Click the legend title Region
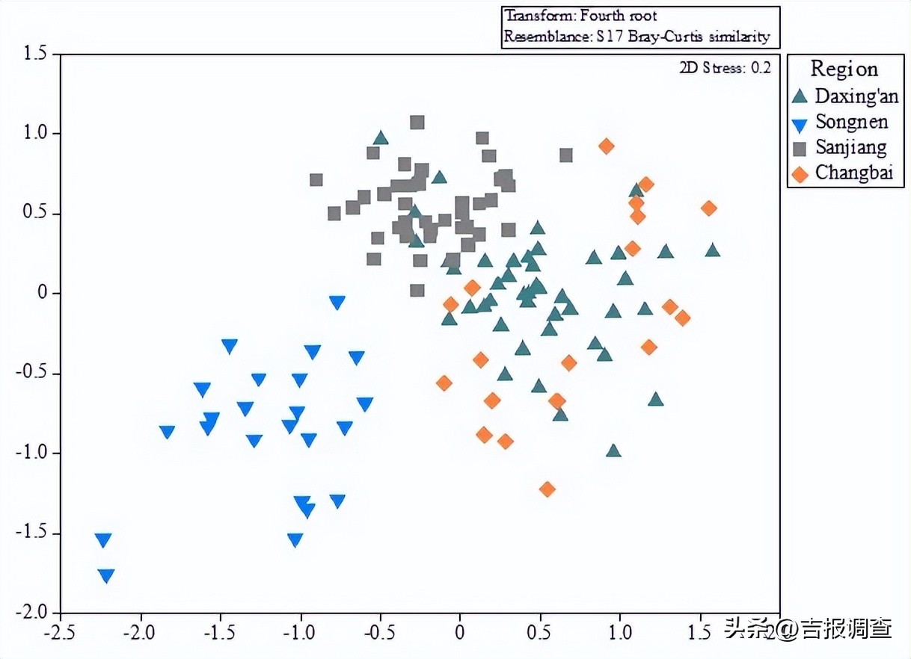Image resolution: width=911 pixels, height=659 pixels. (x=844, y=69)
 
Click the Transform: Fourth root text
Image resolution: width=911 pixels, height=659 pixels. (x=580, y=16)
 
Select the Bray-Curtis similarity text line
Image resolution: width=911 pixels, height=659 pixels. (x=637, y=36)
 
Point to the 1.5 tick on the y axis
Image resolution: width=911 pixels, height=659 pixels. (x=33, y=54)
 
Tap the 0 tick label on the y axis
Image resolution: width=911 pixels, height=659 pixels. (x=42, y=293)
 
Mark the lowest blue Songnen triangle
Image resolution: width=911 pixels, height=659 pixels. (x=106, y=575)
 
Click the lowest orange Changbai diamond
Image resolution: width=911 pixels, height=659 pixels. (x=547, y=489)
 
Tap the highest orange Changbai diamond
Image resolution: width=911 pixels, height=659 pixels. (x=607, y=146)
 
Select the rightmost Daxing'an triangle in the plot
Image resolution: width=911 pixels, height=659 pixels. (x=713, y=250)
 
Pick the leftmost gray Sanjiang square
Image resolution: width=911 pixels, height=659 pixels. (x=316, y=180)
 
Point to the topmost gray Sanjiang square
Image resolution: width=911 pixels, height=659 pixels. (x=417, y=123)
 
